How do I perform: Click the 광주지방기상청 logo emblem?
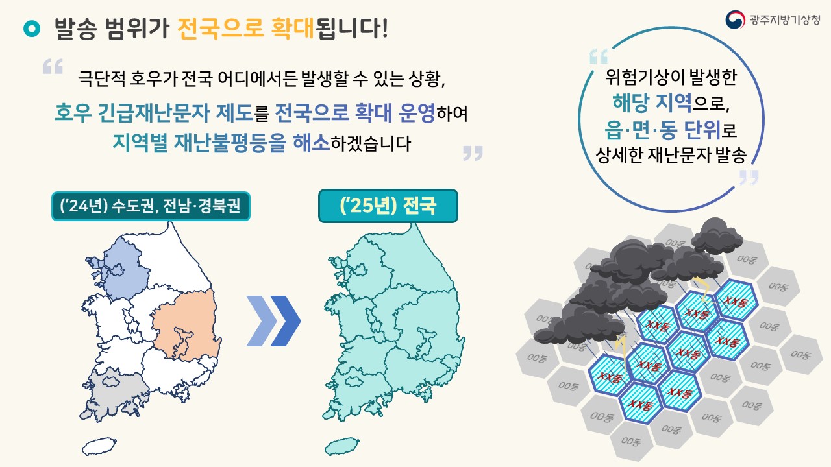click(735, 19)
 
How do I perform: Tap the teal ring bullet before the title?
click(32, 29)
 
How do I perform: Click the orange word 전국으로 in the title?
click(220, 28)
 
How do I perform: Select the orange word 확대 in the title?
click(293, 28)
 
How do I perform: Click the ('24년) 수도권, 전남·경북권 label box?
click(151, 206)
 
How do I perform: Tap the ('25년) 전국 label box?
click(388, 206)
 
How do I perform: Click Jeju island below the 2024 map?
click(99, 447)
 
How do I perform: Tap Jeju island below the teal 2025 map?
click(341, 447)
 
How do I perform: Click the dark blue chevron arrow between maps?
click(285, 321)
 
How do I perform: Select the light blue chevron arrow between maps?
click(261, 321)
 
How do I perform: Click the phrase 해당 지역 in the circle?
click(652, 102)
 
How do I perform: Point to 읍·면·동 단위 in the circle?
click(663, 130)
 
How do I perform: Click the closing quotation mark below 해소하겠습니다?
click(473, 152)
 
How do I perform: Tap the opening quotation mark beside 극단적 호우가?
click(53, 66)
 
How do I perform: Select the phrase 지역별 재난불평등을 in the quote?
click(199, 143)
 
